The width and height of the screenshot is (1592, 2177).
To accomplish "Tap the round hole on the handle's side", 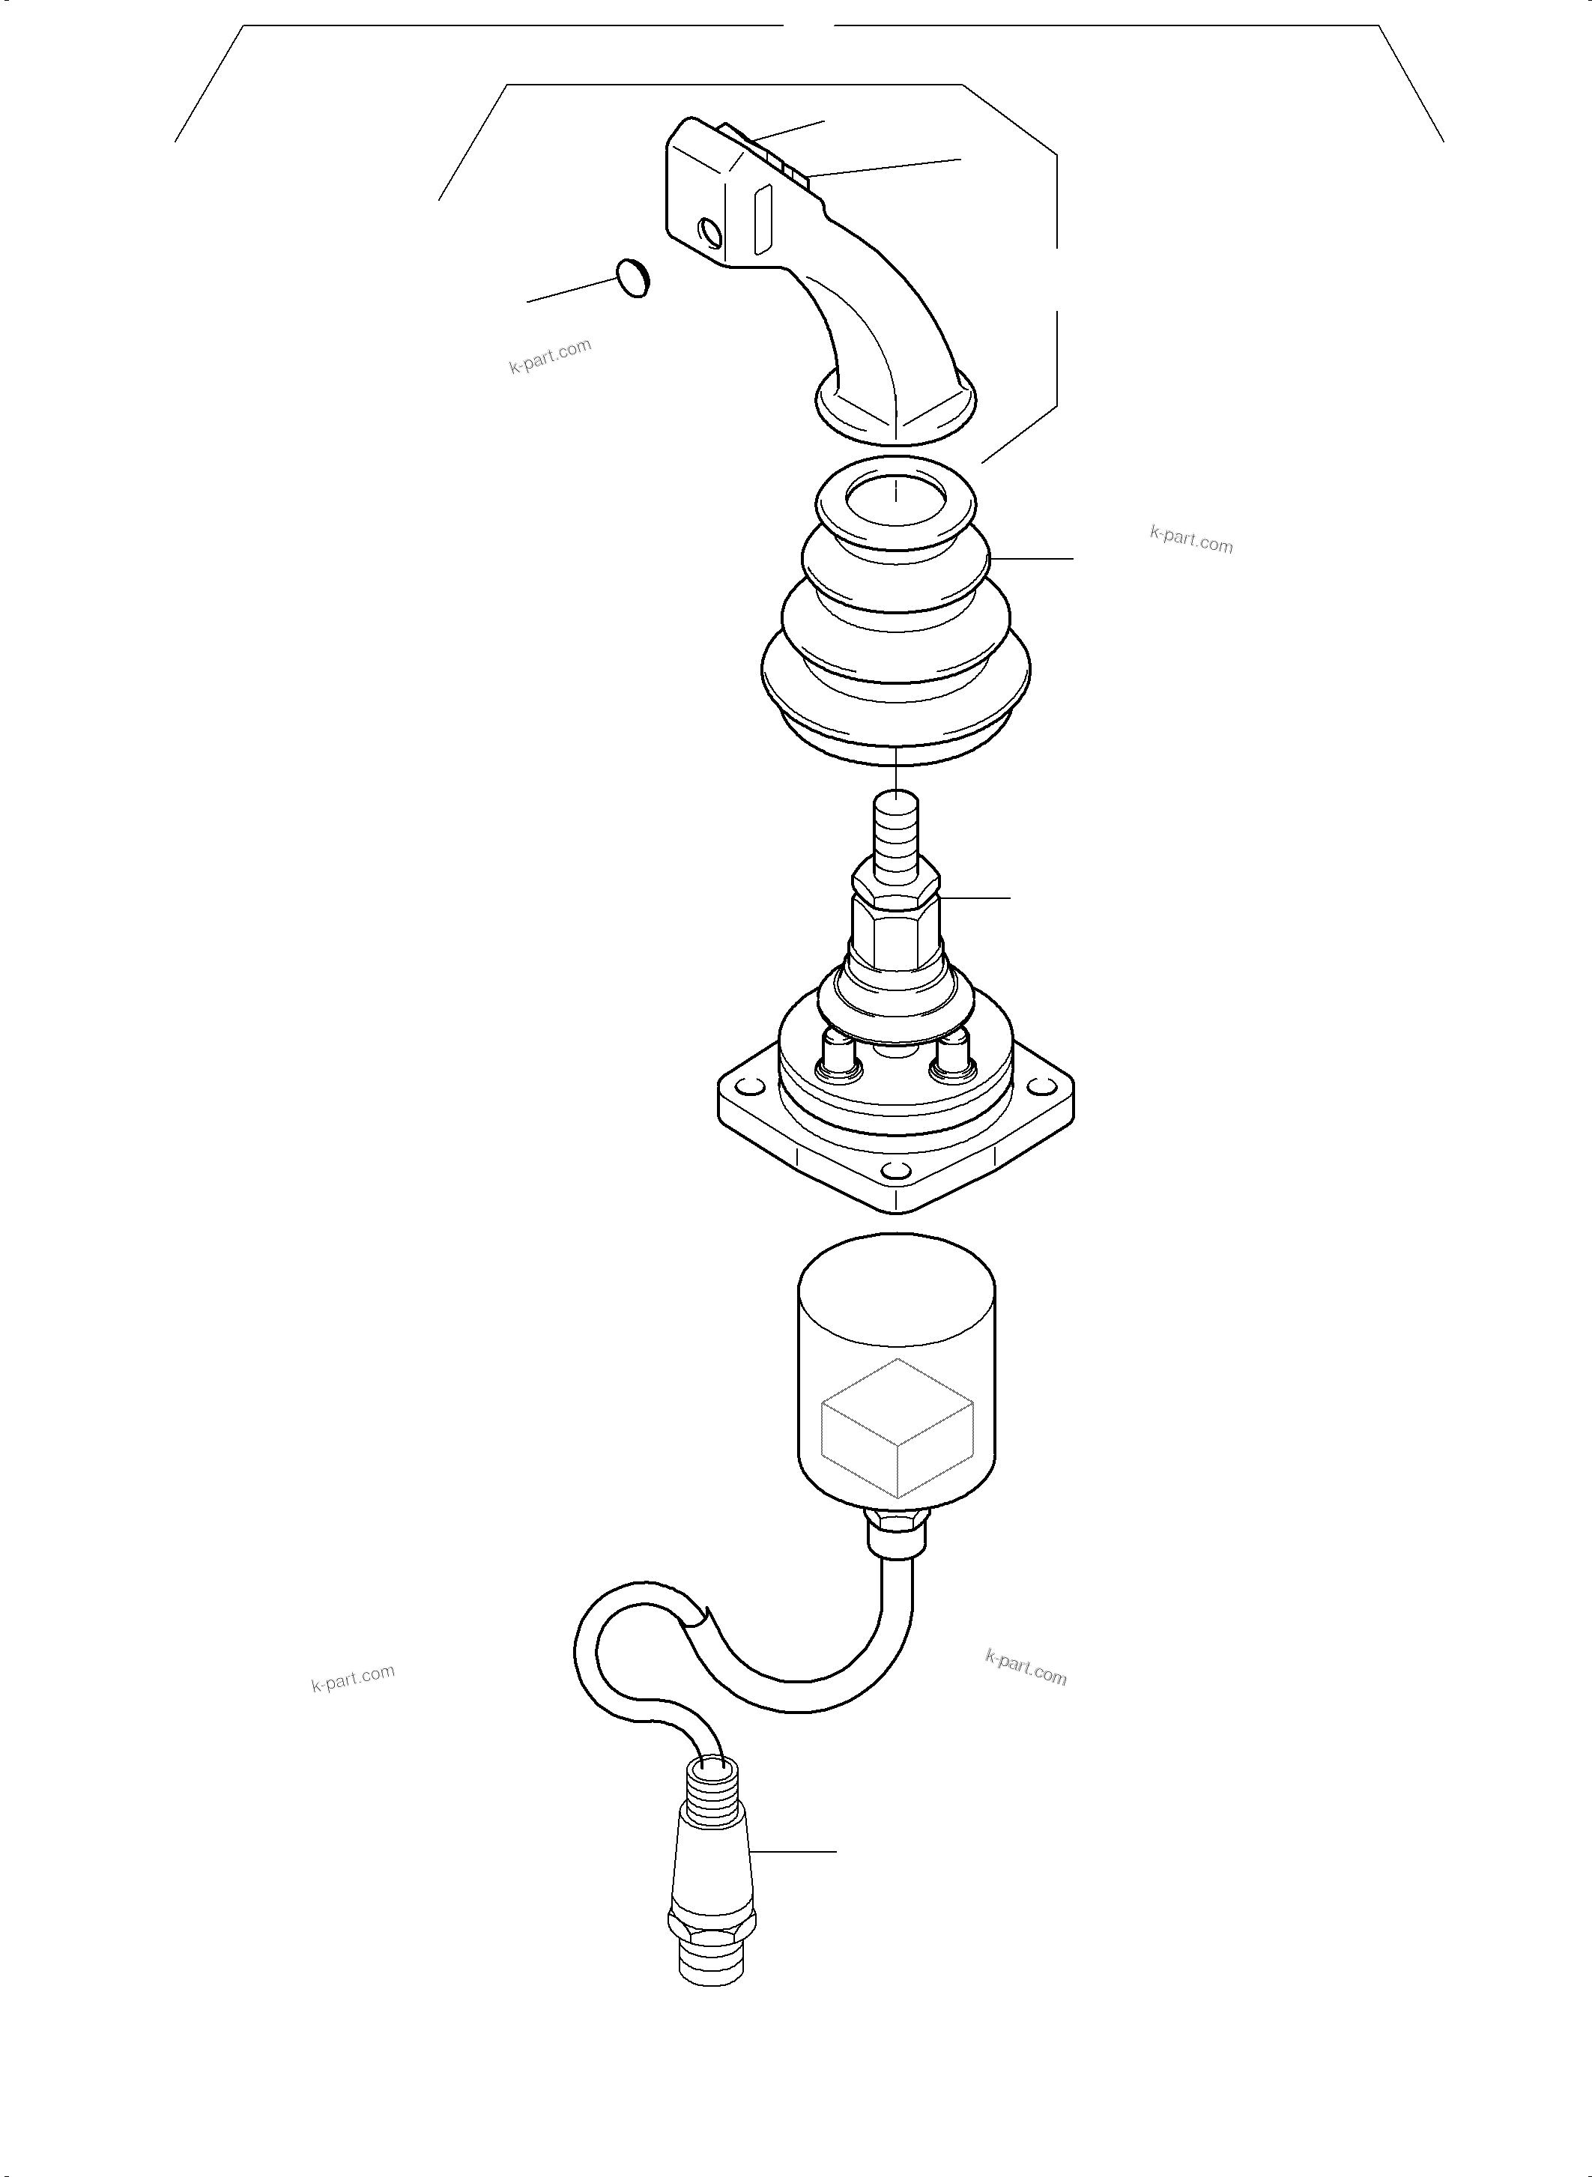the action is [x=710, y=232].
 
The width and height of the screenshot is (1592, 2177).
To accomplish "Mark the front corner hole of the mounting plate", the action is [x=896, y=1172].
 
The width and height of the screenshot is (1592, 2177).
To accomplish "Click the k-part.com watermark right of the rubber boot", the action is [x=1191, y=539].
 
